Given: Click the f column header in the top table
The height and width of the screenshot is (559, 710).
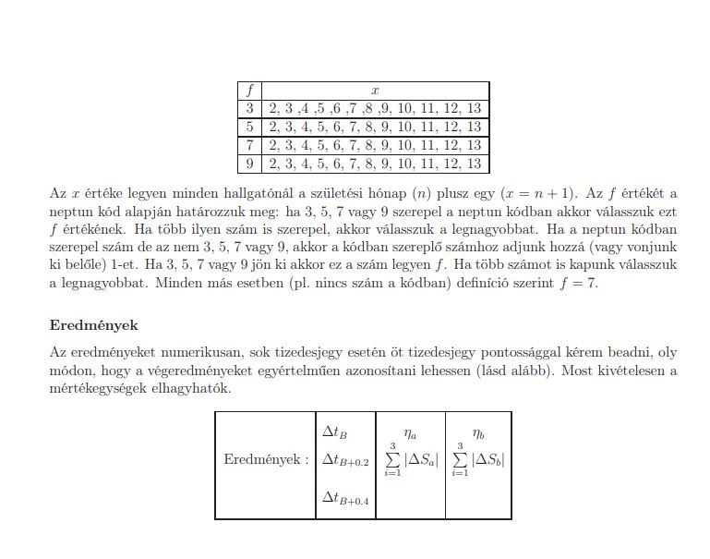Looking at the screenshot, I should coord(249,91).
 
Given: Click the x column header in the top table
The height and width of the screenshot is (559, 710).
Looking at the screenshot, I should coord(375,91).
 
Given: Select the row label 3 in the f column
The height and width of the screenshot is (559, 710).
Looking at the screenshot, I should coord(249,108).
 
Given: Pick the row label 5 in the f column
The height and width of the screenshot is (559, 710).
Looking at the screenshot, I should coord(249,127).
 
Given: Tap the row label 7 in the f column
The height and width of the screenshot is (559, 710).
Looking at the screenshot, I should coord(249,145).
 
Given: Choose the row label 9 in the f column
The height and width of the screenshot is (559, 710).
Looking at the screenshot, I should coord(249,164).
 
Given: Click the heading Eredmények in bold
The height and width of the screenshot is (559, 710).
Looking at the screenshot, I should coord(93,325).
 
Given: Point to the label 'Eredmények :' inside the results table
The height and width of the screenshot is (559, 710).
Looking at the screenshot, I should coord(266,459).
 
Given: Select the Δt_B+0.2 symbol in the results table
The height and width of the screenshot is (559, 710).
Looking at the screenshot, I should coord(345,459).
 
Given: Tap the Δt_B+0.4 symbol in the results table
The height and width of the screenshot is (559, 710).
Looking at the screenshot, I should coord(345,499).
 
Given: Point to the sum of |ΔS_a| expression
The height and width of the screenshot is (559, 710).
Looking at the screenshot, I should coord(411,459).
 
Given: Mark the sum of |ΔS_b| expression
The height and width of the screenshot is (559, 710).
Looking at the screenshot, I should coord(478,459).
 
